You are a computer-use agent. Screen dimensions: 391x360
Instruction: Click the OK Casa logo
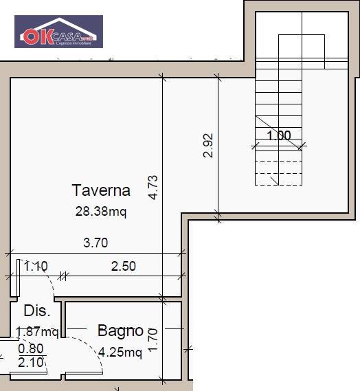(58, 32)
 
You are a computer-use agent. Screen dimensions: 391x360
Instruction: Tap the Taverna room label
(101, 190)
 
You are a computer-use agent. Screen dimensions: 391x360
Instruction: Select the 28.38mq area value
(101, 211)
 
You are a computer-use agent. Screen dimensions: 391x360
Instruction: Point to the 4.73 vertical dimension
(153, 188)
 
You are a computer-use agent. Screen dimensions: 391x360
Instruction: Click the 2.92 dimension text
(208, 146)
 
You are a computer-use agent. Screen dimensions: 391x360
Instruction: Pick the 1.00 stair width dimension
(279, 135)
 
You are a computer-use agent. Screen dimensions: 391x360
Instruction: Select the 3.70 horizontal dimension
(95, 243)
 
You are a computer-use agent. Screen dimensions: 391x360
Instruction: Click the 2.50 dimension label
(124, 267)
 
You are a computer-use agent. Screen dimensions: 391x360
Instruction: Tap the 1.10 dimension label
(35, 267)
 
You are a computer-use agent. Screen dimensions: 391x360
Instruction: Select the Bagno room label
(120, 331)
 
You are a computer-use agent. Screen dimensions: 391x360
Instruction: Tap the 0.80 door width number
(30, 348)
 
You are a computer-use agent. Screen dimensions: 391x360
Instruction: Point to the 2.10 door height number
(30, 361)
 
